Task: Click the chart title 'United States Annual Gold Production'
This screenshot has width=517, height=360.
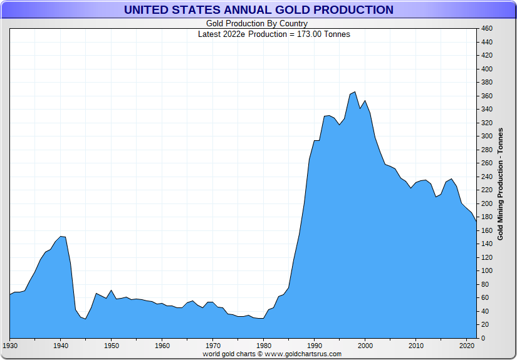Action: [258, 10]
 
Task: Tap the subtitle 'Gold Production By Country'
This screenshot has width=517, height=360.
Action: [257, 24]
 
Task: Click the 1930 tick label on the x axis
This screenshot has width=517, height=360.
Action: [10, 346]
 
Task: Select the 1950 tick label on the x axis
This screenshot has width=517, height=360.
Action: [112, 346]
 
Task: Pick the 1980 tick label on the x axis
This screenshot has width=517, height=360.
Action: [264, 346]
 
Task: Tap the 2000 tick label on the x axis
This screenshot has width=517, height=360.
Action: [365, 346]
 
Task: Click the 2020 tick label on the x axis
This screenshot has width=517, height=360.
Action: [466, 346]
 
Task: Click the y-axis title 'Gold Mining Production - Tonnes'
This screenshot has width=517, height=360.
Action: [501, 183]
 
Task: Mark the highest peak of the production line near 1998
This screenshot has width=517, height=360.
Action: [355, 92]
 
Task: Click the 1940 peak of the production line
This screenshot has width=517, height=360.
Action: [61, 236]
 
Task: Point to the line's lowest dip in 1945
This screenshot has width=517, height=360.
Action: [86, 319]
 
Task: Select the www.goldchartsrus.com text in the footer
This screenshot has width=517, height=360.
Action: [303, 354]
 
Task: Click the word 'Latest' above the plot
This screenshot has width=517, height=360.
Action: [209, 34]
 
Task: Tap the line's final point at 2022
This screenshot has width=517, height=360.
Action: [476, 222]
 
